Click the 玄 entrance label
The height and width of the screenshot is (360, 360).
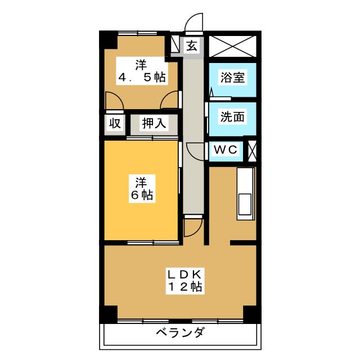[192, 46]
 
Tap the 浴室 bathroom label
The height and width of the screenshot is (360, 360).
[232, 77]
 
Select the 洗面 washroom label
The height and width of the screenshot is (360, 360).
[232, 116]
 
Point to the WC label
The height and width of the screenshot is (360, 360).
[226, 150]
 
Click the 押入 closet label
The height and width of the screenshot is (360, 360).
[154, 123]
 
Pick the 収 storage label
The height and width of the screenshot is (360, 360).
[115, 123]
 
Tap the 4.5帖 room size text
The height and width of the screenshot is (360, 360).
[142, 77]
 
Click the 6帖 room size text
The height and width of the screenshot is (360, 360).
[142, 195]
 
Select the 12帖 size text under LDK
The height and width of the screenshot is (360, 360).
[185, 286]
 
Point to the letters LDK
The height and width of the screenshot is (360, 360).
[185, 274]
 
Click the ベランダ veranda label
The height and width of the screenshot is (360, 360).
[180, 332]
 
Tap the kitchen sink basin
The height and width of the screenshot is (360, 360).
[245, 204]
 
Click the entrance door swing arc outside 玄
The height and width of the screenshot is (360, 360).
[194, 22]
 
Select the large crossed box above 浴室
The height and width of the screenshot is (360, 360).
[232, 46]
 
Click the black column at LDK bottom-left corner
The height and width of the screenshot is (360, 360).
[109, 314]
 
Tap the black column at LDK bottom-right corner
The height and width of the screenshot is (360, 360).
[252, 314]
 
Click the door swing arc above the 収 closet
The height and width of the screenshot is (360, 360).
[114, 101]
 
